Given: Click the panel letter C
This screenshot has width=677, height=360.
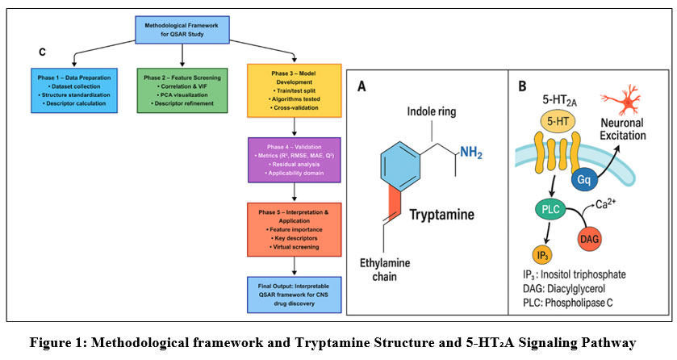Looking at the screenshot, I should point(42,52).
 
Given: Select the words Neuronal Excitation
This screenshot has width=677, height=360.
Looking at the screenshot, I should point(634,130).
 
